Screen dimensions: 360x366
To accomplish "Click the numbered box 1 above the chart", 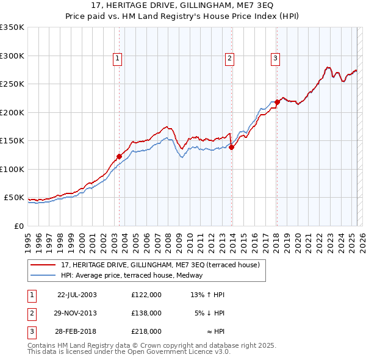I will pyautogui.click(x=117, y=59).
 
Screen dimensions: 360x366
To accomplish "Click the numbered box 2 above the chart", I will pyautogui.click(x=229, y=59).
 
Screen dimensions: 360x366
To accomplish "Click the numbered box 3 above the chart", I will pyautogui.click(x=275, y=59).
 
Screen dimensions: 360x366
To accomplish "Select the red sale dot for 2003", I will pyautogui.click(x=120, y=156).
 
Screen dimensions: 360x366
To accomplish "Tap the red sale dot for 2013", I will pyautogui.click(x=232, y=147).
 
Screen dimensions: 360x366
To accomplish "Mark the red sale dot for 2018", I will pyautogui.click(x=277, y=102).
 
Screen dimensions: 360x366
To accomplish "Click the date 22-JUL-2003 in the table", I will pyautogui.click(x=77, y=295).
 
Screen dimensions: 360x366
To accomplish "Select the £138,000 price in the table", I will pyautogui.click(x=146, y=313).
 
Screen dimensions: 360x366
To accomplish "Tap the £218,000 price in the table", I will pyautogui.click(x=146, y=331).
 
